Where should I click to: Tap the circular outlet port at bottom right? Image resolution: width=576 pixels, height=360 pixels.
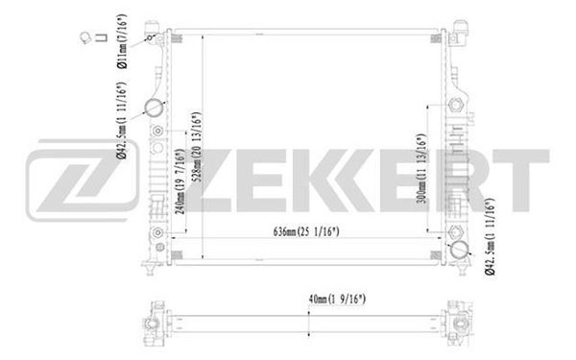click(460, 252)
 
